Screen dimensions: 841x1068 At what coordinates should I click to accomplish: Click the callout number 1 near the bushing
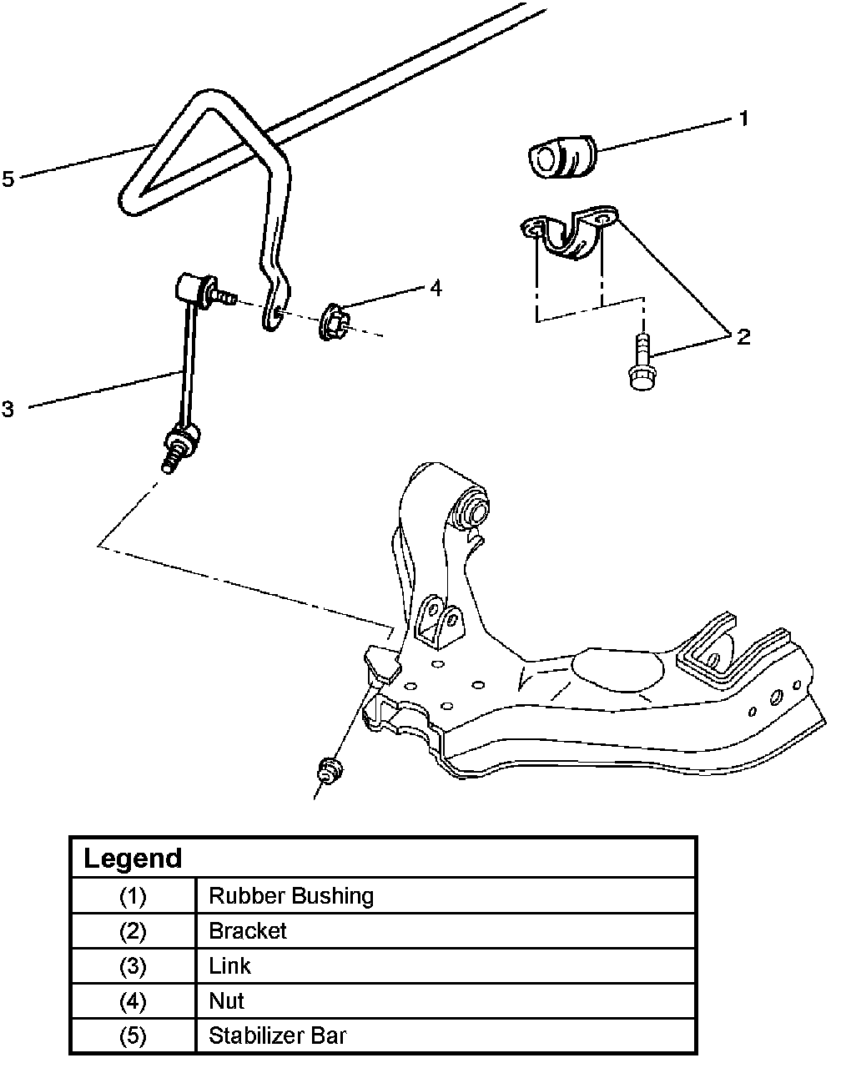tap(743, 118)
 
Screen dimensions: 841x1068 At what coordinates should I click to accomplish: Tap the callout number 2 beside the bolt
tap(743, 337)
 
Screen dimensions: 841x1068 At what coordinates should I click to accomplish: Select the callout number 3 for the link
tap(8, 409)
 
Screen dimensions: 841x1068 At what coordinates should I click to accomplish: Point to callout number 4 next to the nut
tap(436, 288)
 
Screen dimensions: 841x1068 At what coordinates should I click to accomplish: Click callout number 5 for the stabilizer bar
tap(8, 179)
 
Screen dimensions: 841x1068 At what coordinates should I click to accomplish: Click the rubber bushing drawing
tap(562, 156)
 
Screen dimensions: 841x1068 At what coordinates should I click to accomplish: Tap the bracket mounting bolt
tap(642, 362)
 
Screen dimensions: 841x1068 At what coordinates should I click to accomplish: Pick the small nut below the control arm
tap(330, 770)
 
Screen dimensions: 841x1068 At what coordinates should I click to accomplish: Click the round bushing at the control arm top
tap(470, 508)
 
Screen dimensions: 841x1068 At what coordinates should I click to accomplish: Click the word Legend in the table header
tap(133, 858)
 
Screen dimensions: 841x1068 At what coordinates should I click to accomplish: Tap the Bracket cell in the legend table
tap(248, 931)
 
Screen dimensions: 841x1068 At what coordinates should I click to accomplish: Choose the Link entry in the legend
tap(230, 965)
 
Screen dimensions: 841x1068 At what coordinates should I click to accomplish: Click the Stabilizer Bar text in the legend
tap(278, 1035)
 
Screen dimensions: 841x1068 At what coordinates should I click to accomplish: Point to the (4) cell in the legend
tap(133, 1001)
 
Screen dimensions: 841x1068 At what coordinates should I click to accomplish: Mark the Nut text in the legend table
tap(226, 1001)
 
